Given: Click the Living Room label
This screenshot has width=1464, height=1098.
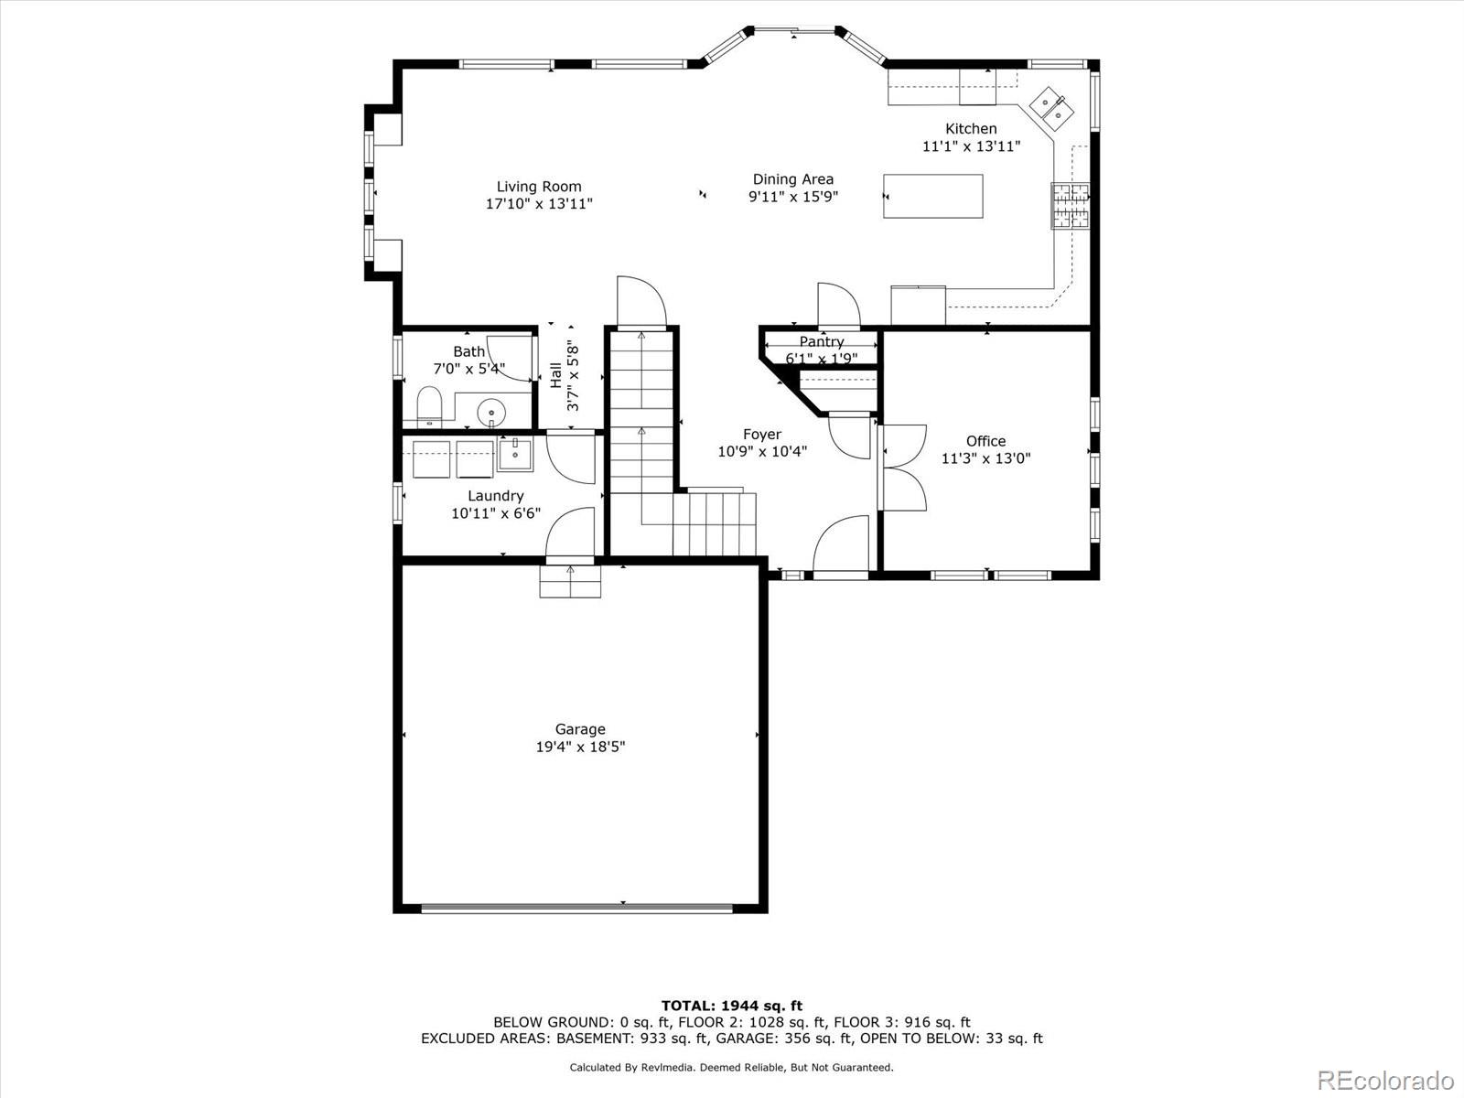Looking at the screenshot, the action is [539, 187].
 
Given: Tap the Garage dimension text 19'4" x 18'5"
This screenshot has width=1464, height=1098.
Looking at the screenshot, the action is [580, 747].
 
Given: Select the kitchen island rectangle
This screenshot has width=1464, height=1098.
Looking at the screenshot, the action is [933, 196].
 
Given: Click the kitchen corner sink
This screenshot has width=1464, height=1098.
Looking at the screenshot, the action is [1051, 109].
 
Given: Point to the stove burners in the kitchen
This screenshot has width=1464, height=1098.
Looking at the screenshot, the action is [1071, 205].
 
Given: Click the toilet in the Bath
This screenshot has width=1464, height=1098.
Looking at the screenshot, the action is [429, 406].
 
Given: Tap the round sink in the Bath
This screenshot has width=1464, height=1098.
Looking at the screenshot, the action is [491, 412].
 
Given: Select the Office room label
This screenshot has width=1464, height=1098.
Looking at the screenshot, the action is [985, 441].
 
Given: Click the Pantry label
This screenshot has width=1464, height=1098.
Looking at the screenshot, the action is [822, 341].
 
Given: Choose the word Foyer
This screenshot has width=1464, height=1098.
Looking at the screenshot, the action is [762, 435].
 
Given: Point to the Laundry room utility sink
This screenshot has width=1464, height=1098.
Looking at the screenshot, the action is [515, 455].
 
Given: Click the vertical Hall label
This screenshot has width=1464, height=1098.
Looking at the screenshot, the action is [555, 375].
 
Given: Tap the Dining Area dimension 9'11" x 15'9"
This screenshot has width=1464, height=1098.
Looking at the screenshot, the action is [793, 197].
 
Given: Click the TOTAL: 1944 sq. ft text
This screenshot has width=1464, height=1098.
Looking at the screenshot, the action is [732, 1006].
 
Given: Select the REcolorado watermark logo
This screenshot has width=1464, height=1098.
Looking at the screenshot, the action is [1386, 1079].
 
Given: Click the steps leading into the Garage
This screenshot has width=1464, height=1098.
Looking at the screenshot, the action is [570, 581].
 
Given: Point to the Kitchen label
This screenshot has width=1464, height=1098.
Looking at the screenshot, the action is [971, 129].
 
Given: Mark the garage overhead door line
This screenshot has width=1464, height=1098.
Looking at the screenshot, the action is [577, 907].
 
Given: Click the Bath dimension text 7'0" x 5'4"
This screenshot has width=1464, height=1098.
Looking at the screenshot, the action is [469, 369].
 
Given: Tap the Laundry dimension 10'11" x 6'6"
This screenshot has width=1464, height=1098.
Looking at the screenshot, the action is [496, 513].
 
